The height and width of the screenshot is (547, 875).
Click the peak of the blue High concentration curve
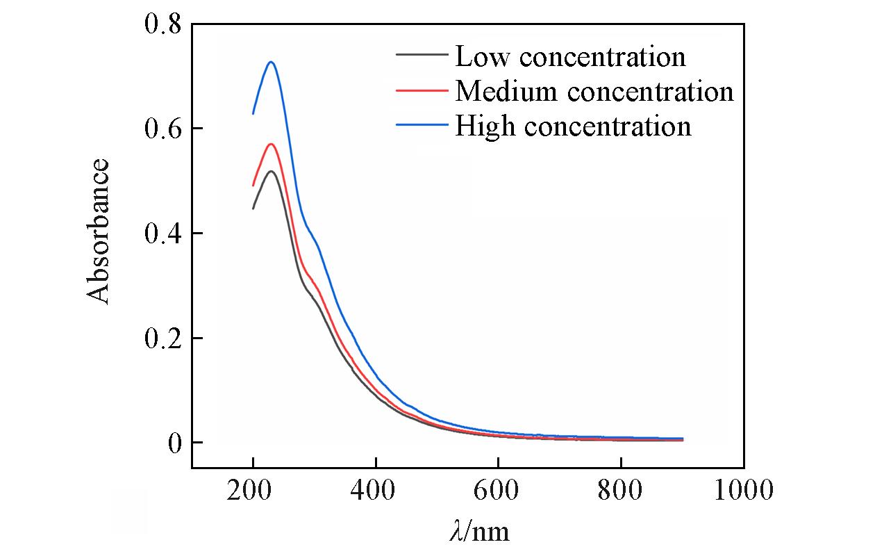272,63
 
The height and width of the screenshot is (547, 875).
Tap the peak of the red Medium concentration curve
271,145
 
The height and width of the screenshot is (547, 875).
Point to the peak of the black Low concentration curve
271,171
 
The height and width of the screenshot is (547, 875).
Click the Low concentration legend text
570,56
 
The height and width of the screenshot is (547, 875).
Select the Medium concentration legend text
594,91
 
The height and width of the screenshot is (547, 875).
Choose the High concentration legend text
573,126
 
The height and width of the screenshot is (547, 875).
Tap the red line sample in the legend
421,90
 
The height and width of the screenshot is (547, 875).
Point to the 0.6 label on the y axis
162,129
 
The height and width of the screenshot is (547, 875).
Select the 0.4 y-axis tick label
162,234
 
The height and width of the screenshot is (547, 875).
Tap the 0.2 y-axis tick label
162,338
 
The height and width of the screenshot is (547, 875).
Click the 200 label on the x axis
253,491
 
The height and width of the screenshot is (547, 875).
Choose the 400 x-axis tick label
376,491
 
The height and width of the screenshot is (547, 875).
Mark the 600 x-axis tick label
498,491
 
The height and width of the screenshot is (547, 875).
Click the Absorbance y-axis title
99,231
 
